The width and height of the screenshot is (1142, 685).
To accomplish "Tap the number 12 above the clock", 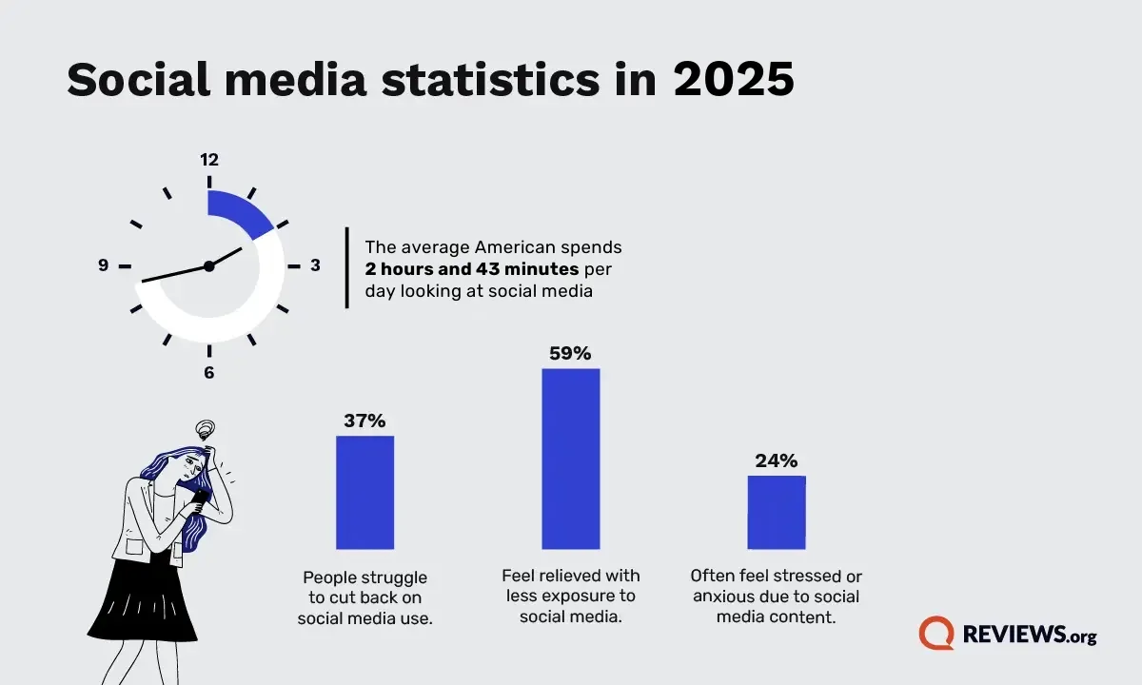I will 209,160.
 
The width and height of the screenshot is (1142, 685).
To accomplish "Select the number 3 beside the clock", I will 315,265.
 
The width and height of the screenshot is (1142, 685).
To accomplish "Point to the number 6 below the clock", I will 209,373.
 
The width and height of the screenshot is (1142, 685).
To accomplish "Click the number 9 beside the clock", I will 103,265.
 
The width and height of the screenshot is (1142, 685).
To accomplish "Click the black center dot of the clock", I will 209,266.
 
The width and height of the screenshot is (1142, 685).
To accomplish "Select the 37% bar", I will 364,492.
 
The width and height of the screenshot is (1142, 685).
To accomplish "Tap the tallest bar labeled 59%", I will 571,459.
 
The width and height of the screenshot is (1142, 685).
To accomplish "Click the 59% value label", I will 571,353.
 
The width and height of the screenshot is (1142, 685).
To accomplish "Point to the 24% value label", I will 777,461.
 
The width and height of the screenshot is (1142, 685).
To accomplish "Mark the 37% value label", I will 364,421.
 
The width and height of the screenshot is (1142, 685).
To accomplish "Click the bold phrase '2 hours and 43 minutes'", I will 472,269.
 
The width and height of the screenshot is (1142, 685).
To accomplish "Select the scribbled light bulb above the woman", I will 203,430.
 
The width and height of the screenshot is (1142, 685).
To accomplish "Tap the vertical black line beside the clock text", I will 347,267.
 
